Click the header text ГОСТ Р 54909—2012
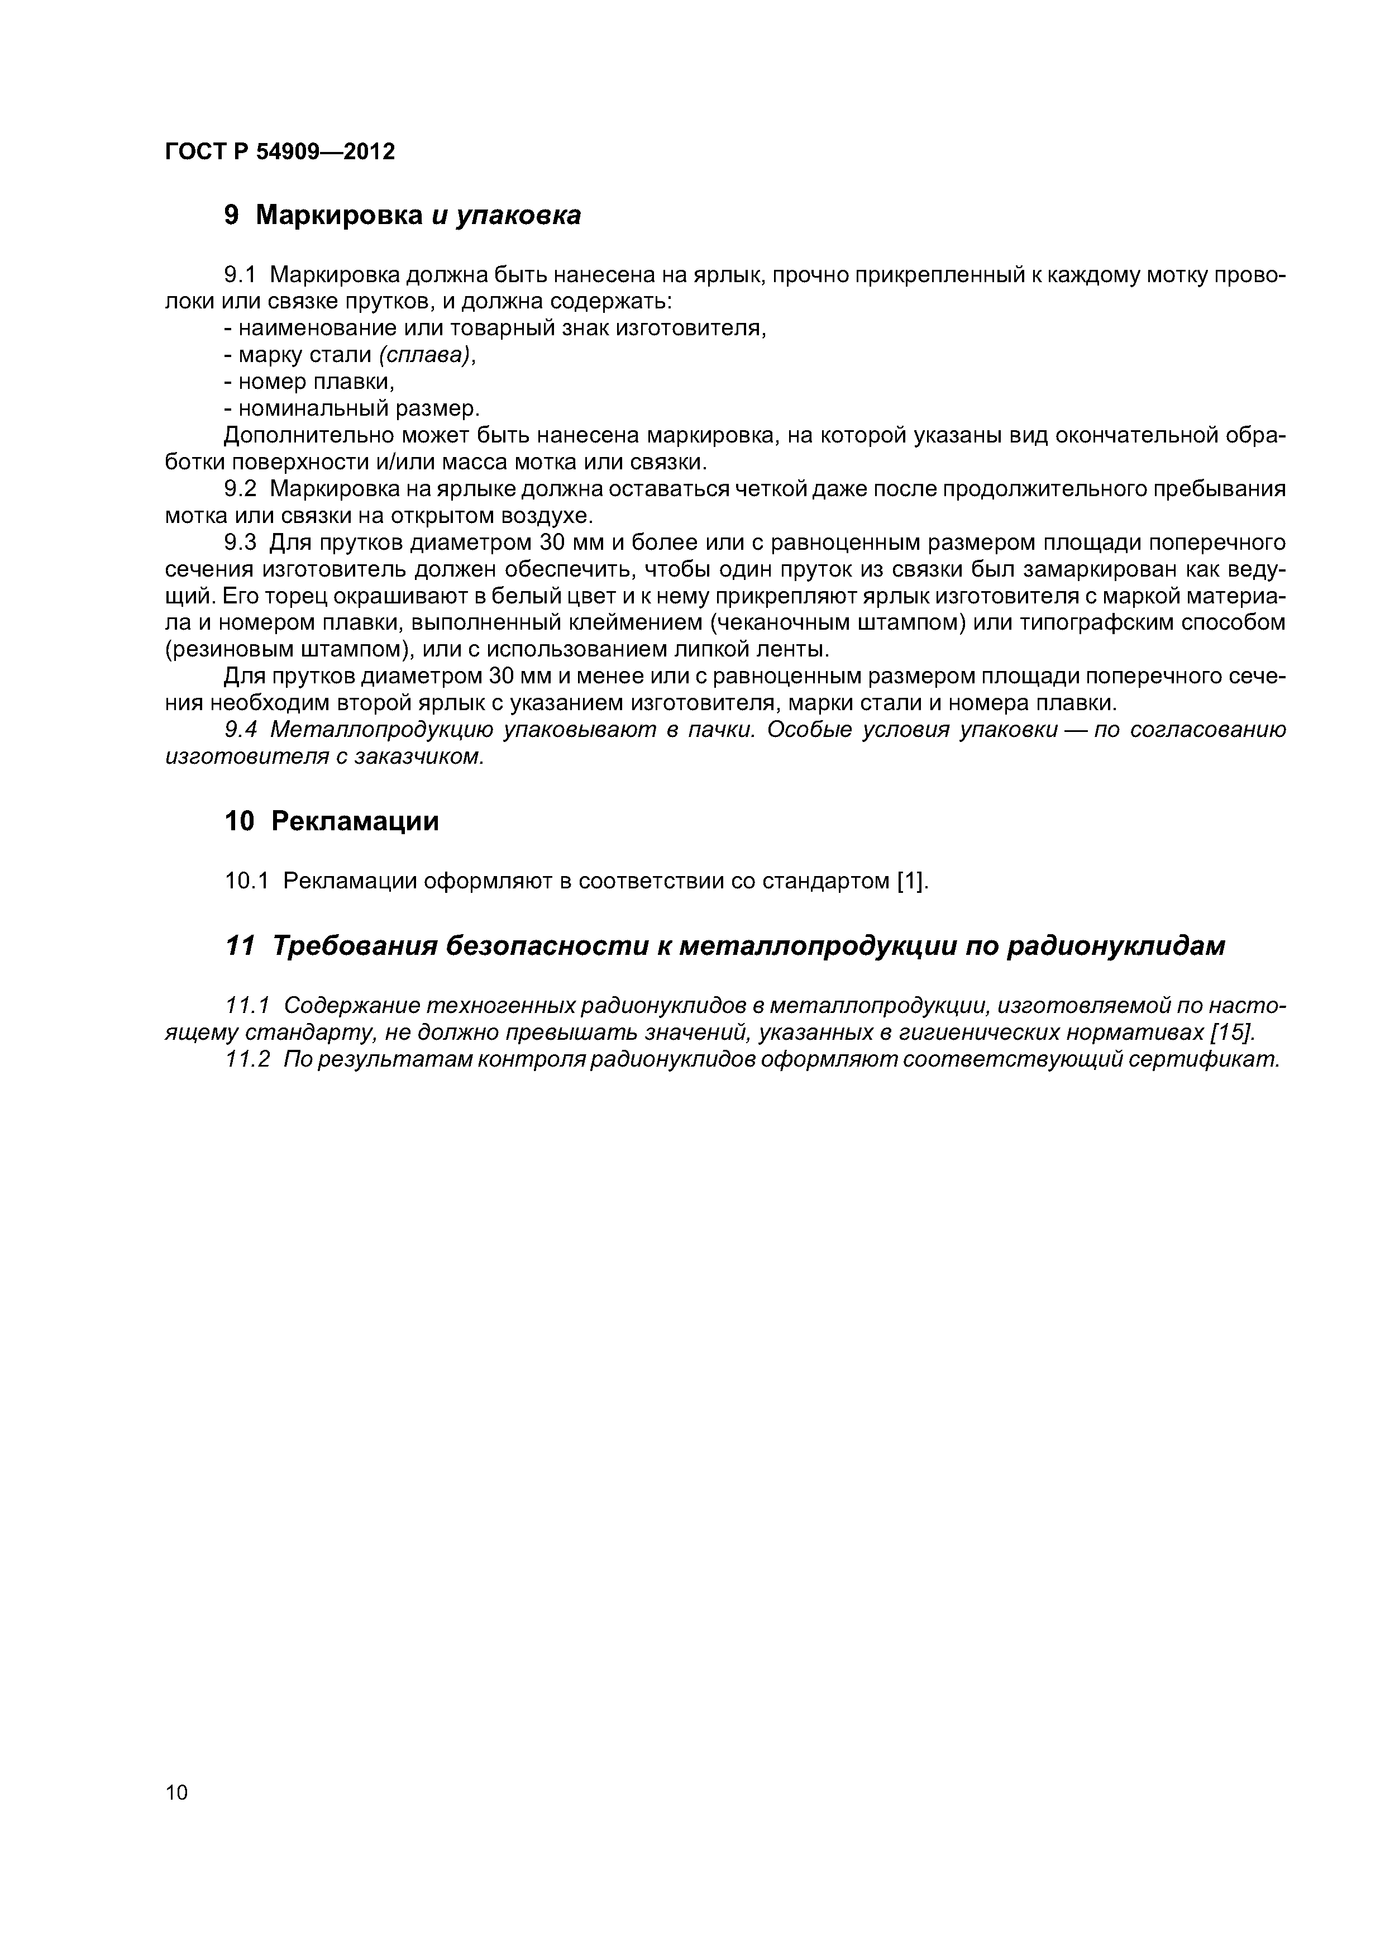tap(279, 152)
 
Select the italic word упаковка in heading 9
tap(518, 217)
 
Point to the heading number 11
tap(239, 946)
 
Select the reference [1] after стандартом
tap(911, 880)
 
